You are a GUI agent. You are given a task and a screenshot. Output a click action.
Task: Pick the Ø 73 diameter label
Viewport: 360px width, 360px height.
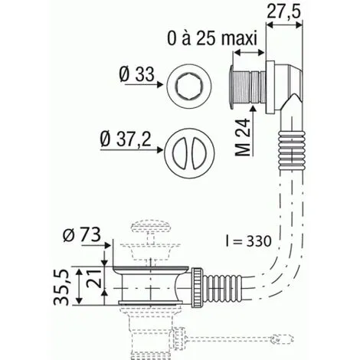84,234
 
